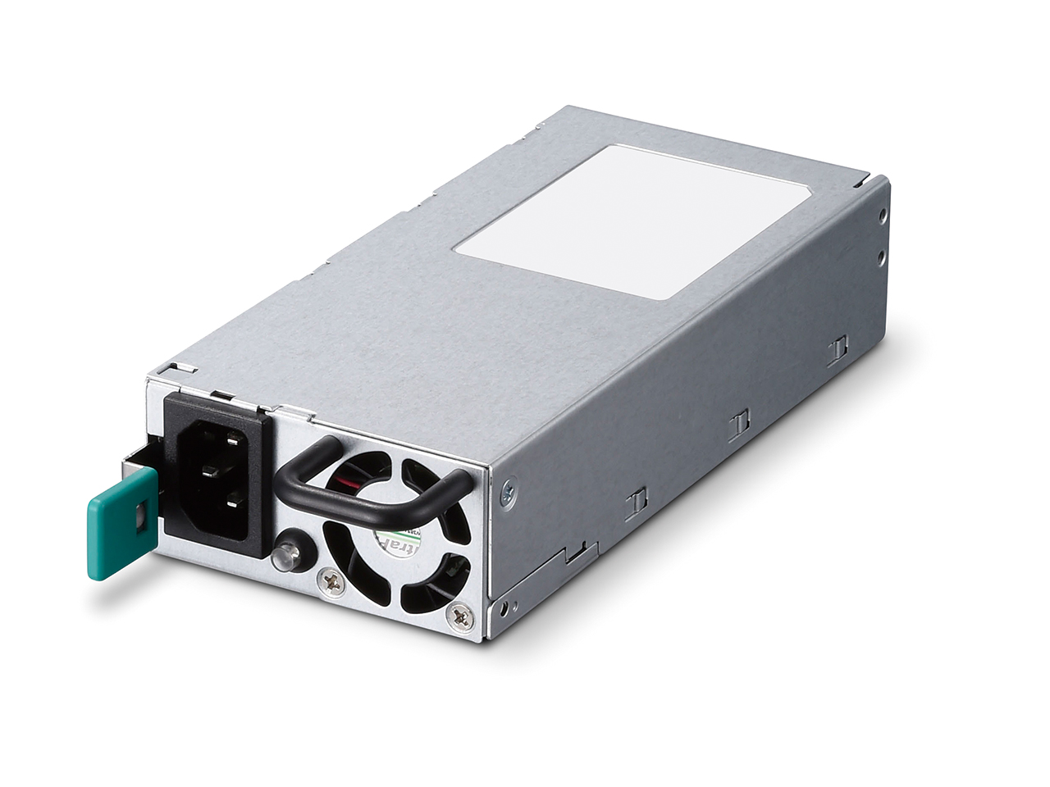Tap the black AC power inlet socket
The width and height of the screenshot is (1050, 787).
[x=215, y=475]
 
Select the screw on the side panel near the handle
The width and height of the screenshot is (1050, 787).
[x=509, y=493]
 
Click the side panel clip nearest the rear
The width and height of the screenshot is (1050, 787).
[x=837, y=350]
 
